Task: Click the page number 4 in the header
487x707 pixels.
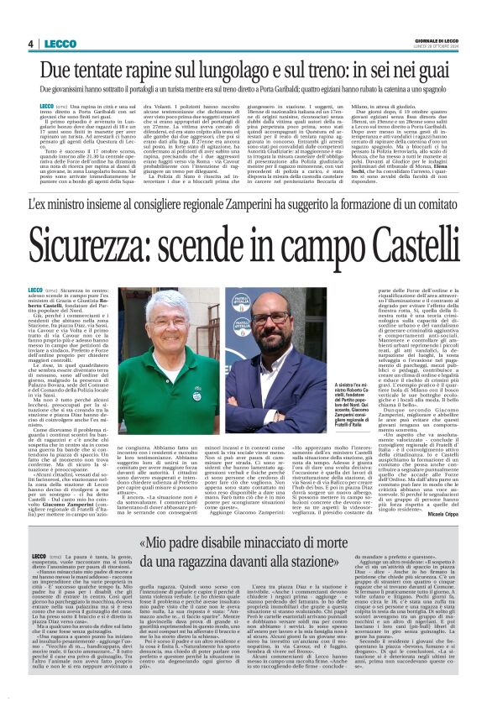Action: tap(30, 44)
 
